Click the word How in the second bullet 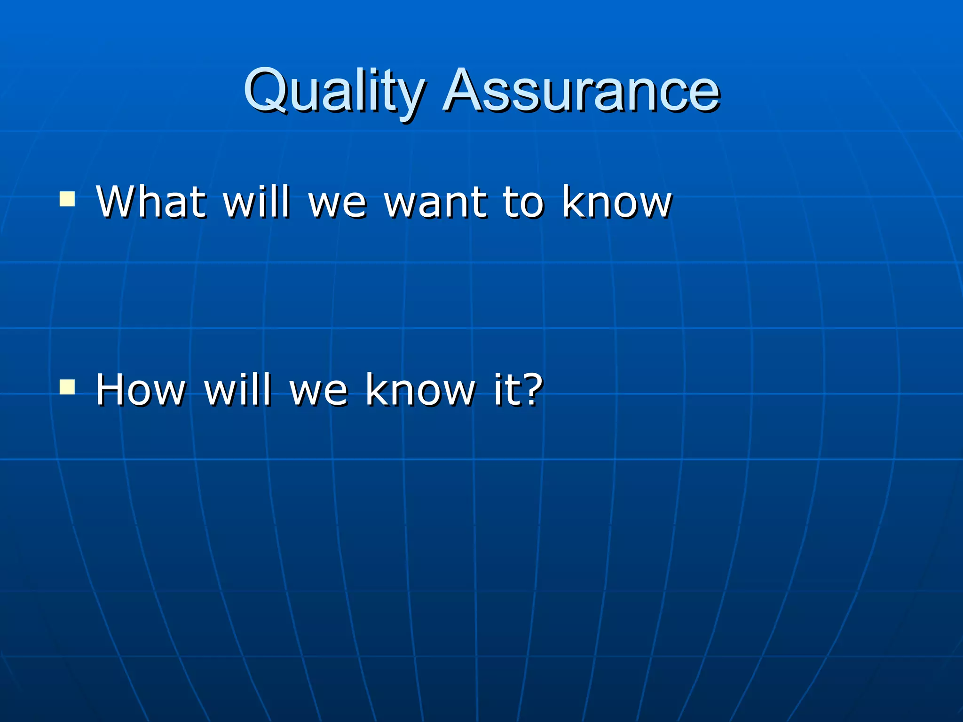pos(141,389)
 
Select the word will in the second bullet pos(238,389)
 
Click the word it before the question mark pos(506,389)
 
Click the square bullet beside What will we pos(67,199)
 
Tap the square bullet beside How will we pos(67,387)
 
